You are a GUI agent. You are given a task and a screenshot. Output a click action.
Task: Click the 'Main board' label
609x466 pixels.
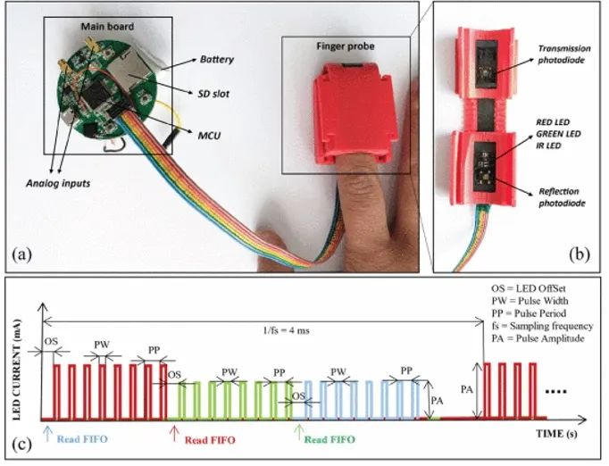point(107,27)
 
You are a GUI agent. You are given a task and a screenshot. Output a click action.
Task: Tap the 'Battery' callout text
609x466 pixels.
point(217,60)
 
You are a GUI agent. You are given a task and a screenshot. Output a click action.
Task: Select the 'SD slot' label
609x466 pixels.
point(213,94)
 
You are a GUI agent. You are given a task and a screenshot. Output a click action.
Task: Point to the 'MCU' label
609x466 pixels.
point(209,136)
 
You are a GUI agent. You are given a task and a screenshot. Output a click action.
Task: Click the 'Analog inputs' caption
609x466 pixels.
point(58,183)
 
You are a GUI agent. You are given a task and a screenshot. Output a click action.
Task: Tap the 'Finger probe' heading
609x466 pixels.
point(346,46)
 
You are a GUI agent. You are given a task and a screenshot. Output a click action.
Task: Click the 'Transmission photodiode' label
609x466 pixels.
point(564,54)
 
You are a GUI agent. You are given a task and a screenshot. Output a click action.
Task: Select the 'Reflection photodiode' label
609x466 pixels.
point(562,197)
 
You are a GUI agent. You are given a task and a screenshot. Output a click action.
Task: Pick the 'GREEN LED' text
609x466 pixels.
point(558,134)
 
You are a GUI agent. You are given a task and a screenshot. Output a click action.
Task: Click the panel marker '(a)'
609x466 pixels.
point(21,254)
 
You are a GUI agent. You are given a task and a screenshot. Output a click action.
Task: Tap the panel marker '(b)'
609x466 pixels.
point(580,254)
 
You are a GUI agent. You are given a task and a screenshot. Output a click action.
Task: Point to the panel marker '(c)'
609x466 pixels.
point(21,445)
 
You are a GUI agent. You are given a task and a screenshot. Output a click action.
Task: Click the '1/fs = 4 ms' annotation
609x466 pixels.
point(287,331)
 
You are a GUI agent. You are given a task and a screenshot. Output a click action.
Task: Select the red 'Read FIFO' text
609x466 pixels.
point(210,440)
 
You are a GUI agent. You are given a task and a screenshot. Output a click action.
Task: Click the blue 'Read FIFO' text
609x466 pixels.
point(82,439)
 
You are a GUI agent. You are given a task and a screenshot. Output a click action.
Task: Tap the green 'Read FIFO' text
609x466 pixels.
point(330,439)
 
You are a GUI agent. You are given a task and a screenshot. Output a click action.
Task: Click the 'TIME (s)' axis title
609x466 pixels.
point(556,434)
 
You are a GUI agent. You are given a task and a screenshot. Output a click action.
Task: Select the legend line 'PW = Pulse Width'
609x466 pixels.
point(530,301)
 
